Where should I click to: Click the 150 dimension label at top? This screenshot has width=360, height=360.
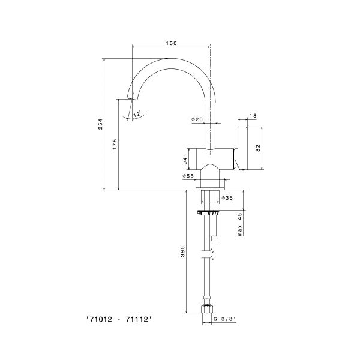171,43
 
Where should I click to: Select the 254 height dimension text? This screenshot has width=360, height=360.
101,124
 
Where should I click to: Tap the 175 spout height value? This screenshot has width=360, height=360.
115,144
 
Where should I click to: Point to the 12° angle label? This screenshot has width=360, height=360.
137,114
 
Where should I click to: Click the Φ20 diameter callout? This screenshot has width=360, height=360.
197,119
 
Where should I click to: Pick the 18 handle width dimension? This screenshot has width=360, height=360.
253,116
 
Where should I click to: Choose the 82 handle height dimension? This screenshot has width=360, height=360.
258,148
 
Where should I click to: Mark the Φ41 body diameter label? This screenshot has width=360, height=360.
185,159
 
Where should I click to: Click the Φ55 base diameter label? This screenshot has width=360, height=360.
188,176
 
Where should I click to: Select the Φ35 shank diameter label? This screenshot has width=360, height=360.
227,197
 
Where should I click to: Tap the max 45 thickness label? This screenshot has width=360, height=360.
240,224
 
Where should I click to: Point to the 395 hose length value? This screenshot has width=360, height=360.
182,251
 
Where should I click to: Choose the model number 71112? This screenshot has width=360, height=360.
137,319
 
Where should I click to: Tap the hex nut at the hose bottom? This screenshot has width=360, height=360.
208,309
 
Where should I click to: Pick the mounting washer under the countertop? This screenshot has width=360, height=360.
208,213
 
